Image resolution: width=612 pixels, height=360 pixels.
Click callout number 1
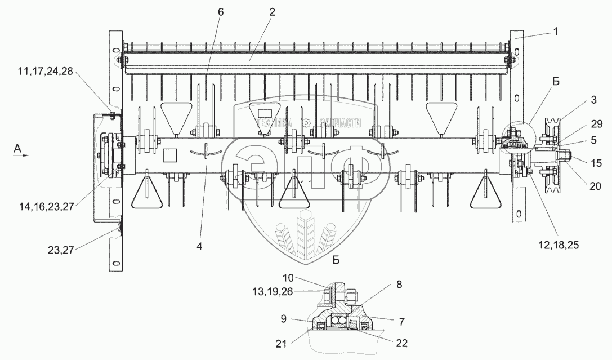click(555, 32)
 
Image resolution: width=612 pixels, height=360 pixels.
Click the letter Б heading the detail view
click(336, 260)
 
